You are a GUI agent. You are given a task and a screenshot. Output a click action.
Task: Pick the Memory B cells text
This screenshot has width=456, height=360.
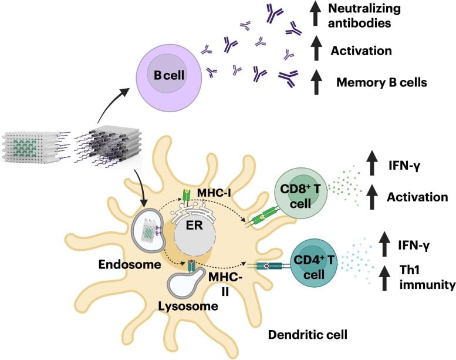[x=381, y=82]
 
